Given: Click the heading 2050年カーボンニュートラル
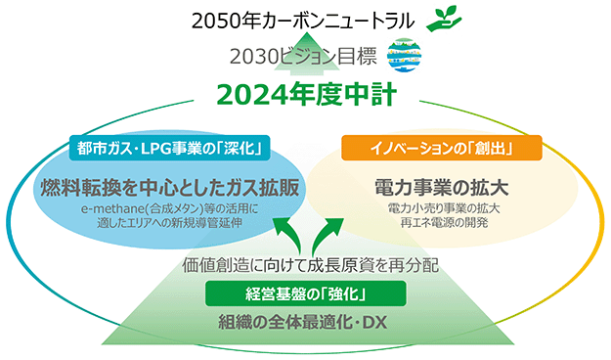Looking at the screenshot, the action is (x=303, y=22).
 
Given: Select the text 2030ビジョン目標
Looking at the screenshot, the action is (x=303, y=56).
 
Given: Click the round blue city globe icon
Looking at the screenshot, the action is (x=404, y=55).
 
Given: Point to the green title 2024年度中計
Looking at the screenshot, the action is (x=307, y=95).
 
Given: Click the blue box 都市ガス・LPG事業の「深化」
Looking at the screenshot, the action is (x=169, y=148).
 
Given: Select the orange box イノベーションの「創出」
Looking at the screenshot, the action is (x=442, y=148).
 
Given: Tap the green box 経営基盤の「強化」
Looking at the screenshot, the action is (x=305, y=293).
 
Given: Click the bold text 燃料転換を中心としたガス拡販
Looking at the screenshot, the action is (x=170, y=187).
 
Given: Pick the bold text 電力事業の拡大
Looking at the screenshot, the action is (x=442, y=187).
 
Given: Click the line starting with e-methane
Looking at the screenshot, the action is (x=169, y=208).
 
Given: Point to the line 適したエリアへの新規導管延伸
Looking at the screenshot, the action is (x=169, y=223).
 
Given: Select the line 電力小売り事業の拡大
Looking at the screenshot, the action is (x=444, y=208).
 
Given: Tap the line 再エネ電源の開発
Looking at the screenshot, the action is (x=444, y=222).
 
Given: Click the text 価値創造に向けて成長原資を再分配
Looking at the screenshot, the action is (x=311, y=265).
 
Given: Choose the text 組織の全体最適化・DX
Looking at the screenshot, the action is (x=303, y=323).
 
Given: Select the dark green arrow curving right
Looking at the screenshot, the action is (x=327, y=234).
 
